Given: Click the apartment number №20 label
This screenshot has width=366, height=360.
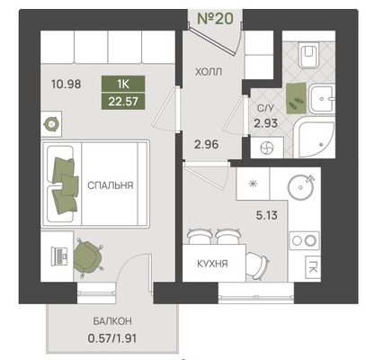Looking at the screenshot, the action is [x=215, y=19].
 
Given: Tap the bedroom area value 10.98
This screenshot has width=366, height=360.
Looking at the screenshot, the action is [x=66, y=85].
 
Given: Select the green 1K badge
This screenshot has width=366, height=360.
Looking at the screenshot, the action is [x=123, y=84].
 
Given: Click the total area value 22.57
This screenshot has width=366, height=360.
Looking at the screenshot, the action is [x=123, y=101].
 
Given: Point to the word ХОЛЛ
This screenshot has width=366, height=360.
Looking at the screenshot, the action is [x=209, y=72].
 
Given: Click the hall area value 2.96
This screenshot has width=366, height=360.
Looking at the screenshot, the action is [x=206, y=145].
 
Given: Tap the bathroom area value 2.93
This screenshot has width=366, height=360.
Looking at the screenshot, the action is [x=265, y=123].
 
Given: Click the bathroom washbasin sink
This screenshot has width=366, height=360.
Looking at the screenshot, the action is [x=322, y=98].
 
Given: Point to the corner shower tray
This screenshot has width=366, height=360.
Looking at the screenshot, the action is [x=315, y=139].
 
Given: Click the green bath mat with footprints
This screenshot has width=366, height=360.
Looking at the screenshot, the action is [x=297, y=98].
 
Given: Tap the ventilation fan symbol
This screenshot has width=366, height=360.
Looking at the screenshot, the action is [x=267, y=148].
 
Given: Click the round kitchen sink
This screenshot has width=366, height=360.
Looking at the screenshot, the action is [x=300, y=187].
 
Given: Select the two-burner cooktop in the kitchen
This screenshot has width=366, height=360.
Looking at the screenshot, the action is [x=304, y=240].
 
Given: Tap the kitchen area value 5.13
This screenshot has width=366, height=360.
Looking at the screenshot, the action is [x=267, y=215].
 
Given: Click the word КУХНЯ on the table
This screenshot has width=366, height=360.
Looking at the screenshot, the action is [x=212, y=264].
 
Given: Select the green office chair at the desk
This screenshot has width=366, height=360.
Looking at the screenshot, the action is [x=87, y=257].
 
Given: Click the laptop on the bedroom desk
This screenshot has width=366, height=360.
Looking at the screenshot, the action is [x=59, y=256].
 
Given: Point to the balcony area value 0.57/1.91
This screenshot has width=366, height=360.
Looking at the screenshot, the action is [x=112, y=338].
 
